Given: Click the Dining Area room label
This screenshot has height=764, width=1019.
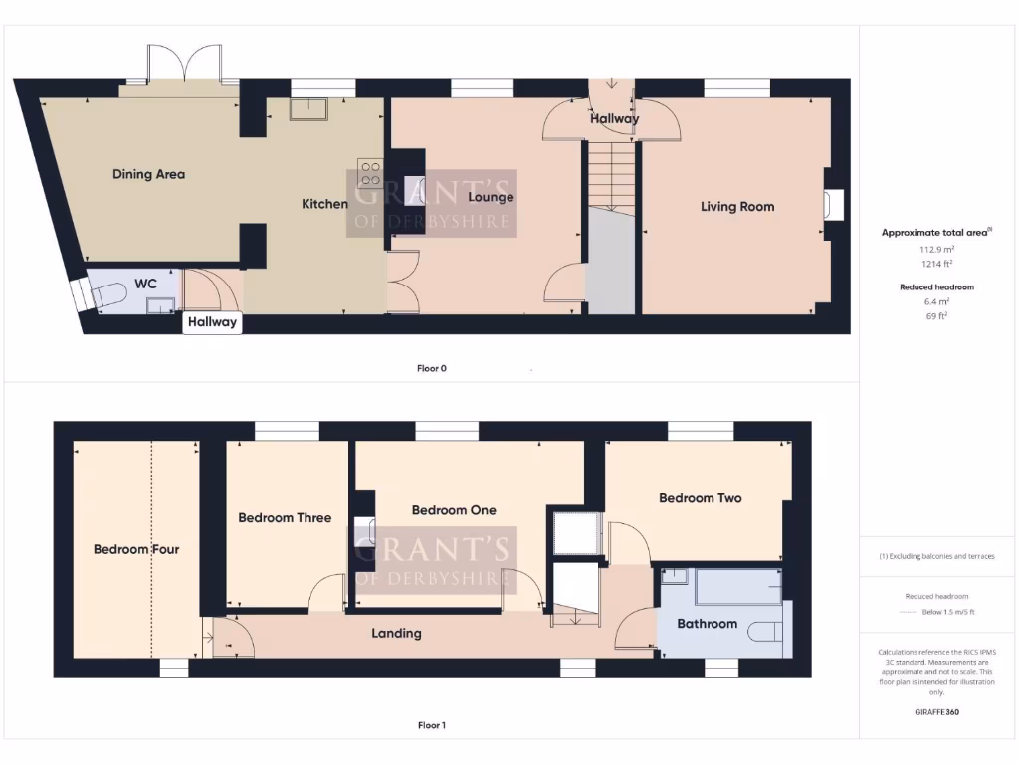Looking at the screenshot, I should click(x=148, y=174).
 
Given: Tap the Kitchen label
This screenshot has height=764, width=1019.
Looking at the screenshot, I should click(x=324, y=204).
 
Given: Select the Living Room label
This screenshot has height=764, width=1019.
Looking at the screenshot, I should click(x=736, y=207).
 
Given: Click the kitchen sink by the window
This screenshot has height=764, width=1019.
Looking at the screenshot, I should click(x=309, y=108).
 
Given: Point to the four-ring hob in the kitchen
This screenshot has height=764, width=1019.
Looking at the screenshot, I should click(x=370, y=174).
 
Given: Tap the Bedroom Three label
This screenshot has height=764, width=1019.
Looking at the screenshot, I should click(x=285, y=517).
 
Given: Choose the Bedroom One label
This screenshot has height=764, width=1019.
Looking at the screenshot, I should click(x=454, y=510).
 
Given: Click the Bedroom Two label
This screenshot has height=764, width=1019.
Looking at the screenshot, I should click(x=700, y=498).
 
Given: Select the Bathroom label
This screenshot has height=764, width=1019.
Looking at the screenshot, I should click(x=707, y=624).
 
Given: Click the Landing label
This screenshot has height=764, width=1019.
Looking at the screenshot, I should click(x=396, y=633).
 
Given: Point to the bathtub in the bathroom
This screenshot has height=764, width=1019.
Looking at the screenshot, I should click(x=737, y=587).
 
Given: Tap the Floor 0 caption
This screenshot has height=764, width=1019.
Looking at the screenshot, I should click(x=432, y=368).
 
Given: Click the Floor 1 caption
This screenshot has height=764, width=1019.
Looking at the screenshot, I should click(x=432, y=725).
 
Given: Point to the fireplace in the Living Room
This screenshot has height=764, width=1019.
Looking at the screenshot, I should click(x=832, y=205).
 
